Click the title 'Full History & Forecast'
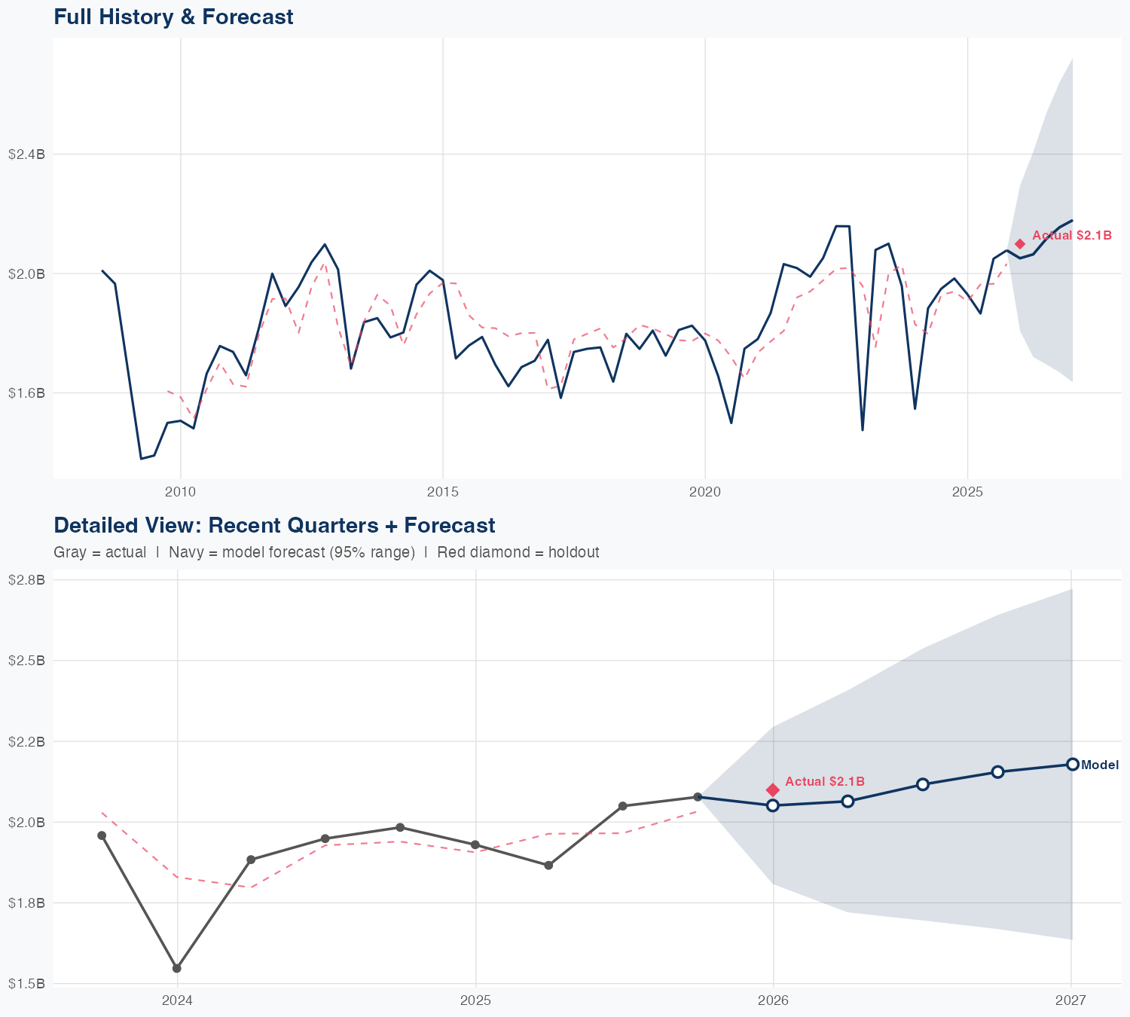coord(173,17)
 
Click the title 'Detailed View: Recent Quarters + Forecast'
coord(274,525)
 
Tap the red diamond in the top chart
coord(1020,244)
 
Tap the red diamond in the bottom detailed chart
coord(772,789)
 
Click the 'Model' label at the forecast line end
coord(1099,765)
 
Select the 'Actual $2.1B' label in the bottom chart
coord(824,782)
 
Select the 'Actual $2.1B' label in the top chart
coord(1071,236)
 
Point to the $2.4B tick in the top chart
coord(26,154)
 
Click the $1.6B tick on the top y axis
coord(26,393)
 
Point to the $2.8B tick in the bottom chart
coord(26,580)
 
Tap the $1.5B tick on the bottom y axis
coord(26,984)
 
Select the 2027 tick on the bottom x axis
coord(1070,1000)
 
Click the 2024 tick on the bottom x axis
coord(177,1000)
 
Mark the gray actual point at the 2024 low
coord(177,968)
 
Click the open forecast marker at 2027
coord(1072,765)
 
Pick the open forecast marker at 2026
coord(772,805)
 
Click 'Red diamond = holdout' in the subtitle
coord(518,552)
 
